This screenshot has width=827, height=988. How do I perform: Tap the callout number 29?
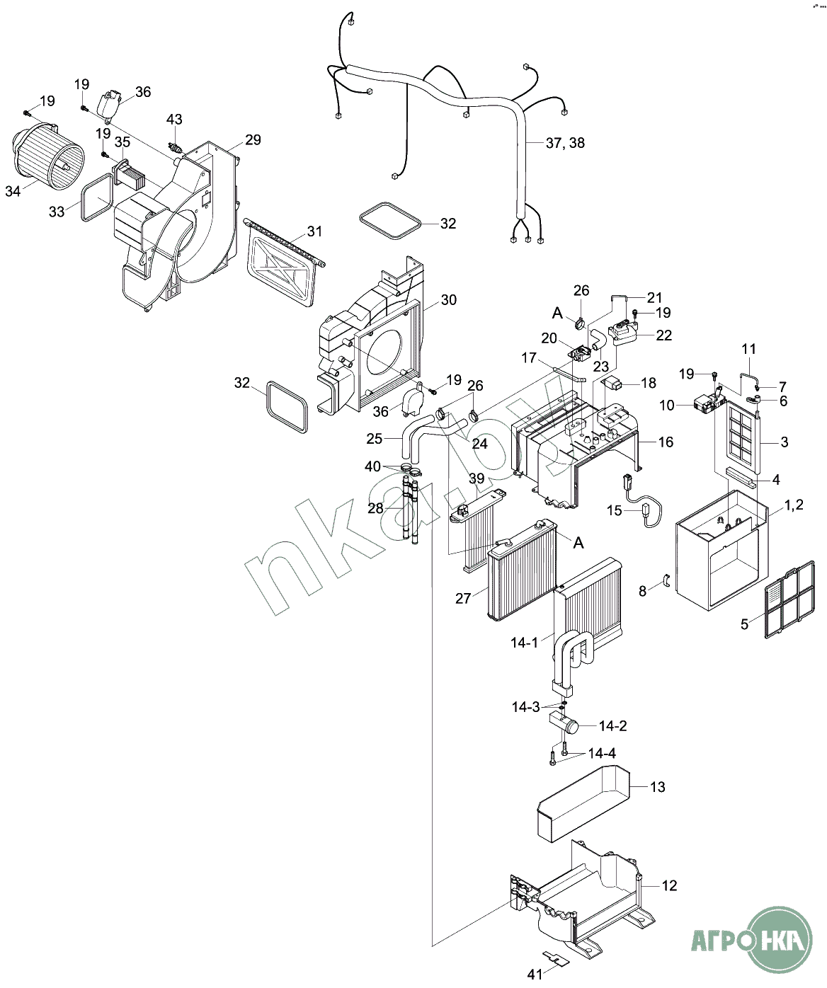(x=253, y=139)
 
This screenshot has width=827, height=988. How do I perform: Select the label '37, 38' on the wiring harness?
(x=565, y=143)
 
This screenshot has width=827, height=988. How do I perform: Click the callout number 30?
(x=448, y=300)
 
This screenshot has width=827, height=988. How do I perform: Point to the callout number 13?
(x=657, y=787)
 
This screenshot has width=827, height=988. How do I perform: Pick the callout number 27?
(x=463, y=598)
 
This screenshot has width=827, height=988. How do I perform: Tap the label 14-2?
(x=612, y=725)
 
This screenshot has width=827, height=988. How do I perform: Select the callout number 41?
(x=535, y=974)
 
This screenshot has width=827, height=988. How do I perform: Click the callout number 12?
(x=669, y=885)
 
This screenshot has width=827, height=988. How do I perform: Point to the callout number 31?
(x=314, y=231)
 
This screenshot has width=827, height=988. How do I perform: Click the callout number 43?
(x=174, y=120)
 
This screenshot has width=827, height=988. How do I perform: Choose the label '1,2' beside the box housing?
(x=794, y=505)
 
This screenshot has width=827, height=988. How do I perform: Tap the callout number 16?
(x=665, y=442)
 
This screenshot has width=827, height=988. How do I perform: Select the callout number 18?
(x=649, y=383)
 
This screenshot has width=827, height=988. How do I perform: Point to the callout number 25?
(x=375, y=439)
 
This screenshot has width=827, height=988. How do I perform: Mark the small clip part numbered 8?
(x=666, y=582)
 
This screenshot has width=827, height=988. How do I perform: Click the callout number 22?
(x=663, y=335)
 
